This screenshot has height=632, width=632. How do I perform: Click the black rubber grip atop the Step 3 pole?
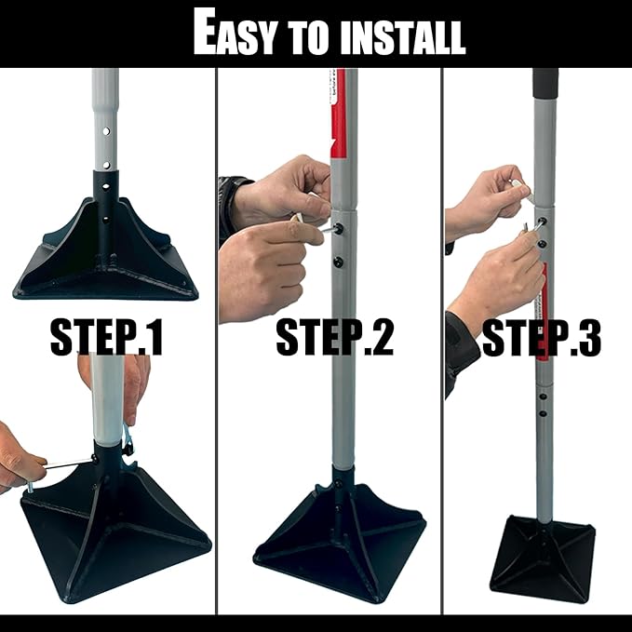click(x=545, y=82)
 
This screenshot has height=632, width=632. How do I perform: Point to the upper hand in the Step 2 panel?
click(x=279, y=191)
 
